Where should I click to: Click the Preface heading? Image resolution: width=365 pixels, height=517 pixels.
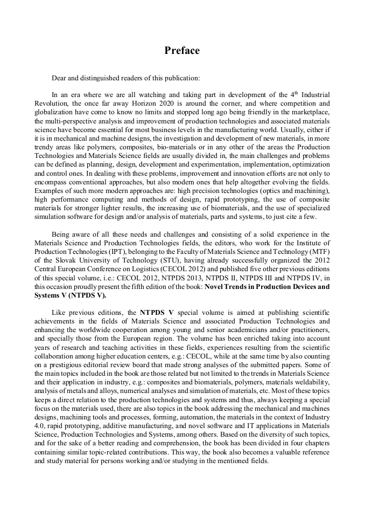tap(182, 51)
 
